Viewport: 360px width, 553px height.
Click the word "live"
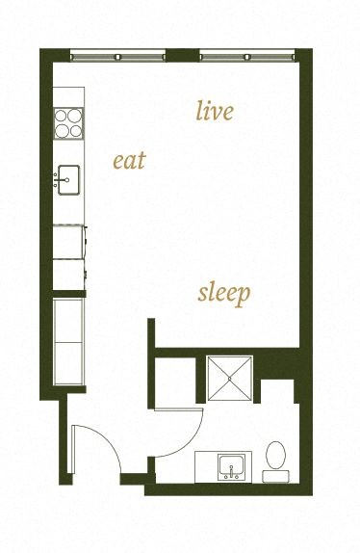214,112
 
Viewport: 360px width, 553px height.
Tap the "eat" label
129,160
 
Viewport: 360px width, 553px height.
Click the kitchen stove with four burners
67,122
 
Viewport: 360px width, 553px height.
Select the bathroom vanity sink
230,466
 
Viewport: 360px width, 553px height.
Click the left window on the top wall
119,56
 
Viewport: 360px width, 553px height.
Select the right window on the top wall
248,56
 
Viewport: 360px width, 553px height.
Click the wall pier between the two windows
182,55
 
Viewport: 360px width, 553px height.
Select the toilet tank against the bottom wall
276,475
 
